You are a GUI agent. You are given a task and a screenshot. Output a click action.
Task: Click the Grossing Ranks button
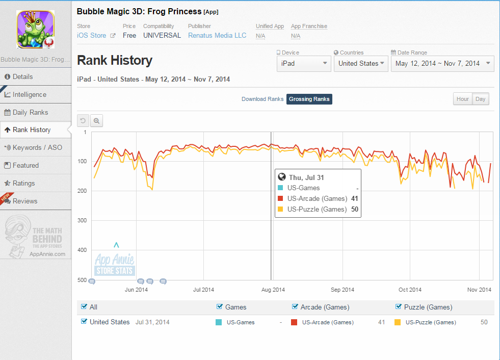[309, 99]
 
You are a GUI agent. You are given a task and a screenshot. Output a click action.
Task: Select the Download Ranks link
[262, 99]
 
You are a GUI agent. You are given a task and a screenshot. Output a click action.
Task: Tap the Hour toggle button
[462, 99]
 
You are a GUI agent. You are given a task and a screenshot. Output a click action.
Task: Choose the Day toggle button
[480, 99]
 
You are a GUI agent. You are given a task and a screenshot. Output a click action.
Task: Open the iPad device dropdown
[304, 64]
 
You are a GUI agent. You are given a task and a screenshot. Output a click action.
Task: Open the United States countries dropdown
[361, 64]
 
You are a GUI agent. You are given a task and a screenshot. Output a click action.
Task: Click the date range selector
[442, 64]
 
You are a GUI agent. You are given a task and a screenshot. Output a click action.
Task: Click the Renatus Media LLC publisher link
[217, 35]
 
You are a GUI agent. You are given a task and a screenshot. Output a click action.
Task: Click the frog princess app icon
[35, 29]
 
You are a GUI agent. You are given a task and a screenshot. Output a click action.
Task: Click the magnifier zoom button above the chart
[97, 121]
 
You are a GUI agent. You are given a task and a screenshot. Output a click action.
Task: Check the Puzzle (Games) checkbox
[398, 306]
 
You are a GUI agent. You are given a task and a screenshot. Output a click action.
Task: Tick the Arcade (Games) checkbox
[295, 306]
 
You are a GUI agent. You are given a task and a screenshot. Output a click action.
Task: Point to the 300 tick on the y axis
[82, 220]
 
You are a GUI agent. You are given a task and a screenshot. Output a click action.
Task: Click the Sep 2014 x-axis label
[343, 290]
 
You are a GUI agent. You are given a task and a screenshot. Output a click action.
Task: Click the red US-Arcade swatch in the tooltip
[281, 198]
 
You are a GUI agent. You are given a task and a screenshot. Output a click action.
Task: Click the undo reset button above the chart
[83, 121]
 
